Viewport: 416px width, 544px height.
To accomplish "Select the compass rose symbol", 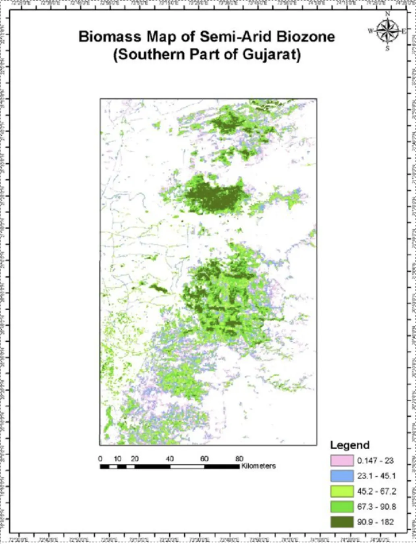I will click(x=387, y=31).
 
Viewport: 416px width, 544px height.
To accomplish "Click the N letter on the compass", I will click(x=388, y=14).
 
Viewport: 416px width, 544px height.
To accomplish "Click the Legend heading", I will click(x=349, y=445).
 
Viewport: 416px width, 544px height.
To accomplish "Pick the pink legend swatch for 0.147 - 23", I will click(x=342, y=461).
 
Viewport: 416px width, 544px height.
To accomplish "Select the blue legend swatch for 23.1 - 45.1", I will click(x=342, y=476).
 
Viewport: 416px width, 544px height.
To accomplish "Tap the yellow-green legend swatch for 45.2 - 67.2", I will click(x=342, y=491).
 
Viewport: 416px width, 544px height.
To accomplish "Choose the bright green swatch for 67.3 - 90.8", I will click(x=342, y=507).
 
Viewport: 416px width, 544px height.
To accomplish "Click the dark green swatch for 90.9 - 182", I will click(x=342, y=522).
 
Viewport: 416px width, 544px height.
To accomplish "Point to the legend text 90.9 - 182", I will click(x=375, y=522).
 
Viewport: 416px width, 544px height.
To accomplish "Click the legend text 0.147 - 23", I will click(x=375, y=461).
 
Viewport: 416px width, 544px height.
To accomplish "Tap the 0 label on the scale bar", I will click(x=100, y=459).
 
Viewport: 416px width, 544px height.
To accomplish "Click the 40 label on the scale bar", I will click(x=170, y=459).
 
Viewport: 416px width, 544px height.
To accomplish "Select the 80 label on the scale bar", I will click(x=239, y=459).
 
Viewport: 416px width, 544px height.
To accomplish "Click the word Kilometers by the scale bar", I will click(x=258, y=466).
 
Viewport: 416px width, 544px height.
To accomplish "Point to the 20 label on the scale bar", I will click(x=135, y=459).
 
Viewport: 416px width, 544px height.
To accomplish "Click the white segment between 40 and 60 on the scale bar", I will click(x=187, y=467).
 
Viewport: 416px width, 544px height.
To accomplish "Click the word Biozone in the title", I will click(x=306, y=37).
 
